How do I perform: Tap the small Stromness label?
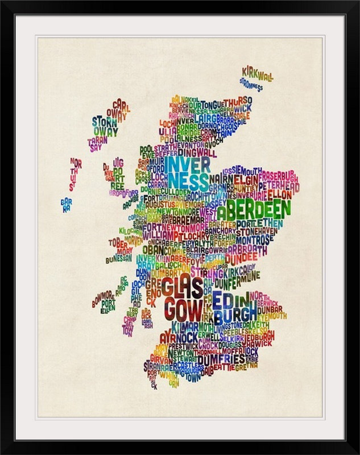point(250,85)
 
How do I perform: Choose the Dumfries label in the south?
point(221,359)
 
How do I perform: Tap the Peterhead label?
point(279,186)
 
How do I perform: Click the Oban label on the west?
point(153,249)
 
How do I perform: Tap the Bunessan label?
point(118,259)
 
